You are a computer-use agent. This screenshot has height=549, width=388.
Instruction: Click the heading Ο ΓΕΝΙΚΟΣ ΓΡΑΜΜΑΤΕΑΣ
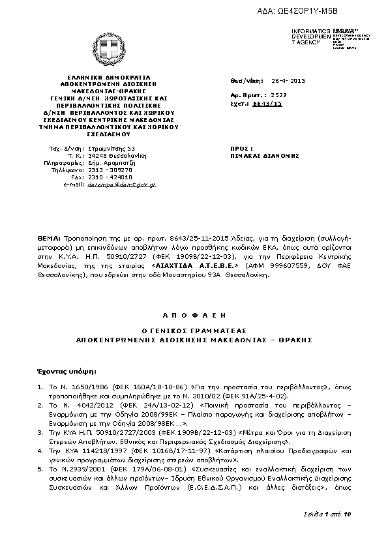click(x=193, y=331)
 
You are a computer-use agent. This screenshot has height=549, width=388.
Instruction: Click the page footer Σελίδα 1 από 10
click(x=327, y=514)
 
